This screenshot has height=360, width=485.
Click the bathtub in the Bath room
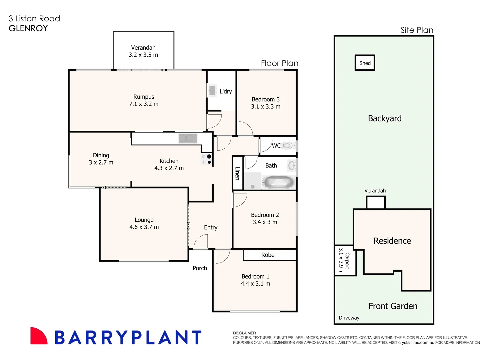(279, 182)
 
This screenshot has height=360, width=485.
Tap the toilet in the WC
(287, 146)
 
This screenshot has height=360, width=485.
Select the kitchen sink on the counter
(188, 138)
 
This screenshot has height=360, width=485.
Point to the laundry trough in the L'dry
(212, 90)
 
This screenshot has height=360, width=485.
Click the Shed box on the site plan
(365, 63)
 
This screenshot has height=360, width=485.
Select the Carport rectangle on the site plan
(345, 260)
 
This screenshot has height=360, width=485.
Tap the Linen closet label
(237, 173)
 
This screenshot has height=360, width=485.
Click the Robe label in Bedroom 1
(268, 255)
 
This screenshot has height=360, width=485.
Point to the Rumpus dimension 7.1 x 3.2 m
(144, 104)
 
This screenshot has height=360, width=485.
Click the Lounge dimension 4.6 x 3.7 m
(144, 227)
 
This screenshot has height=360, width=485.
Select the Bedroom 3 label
(265, 99)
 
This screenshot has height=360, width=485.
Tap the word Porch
(200, 268)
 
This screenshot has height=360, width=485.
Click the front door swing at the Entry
(201, 242)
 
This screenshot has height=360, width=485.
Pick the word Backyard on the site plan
(385, 118)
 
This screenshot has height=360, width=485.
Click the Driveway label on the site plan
(349, 318)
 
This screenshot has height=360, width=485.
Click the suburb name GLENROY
(28, 28)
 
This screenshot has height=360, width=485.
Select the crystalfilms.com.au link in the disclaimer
(416, 342)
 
